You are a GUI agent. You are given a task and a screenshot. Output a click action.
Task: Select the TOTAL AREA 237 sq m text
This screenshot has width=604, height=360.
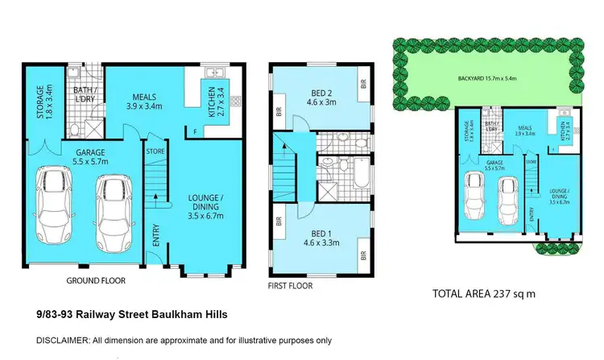[x=483, y=293]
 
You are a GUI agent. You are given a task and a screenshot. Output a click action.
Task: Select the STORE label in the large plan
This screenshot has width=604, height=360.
[x=155, y=150]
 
